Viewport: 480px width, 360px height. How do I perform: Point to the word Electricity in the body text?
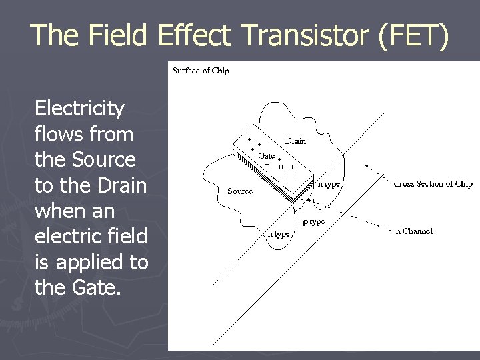click(79, 108)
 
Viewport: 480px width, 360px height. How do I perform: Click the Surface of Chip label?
click(201, 71)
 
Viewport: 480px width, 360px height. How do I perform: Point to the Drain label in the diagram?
click(296, 141)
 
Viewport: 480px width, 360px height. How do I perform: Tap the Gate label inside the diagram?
click(266, 155)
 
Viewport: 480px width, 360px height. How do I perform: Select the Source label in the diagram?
click(240, 191)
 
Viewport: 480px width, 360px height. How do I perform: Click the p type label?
click(313, 221)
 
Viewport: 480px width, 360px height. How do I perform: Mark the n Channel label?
click(413, 231)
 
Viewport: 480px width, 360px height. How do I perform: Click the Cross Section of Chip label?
click(433, 183)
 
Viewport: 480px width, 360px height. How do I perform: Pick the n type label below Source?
click(279, 234)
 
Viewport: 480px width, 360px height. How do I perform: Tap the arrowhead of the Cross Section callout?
click(366, 165)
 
